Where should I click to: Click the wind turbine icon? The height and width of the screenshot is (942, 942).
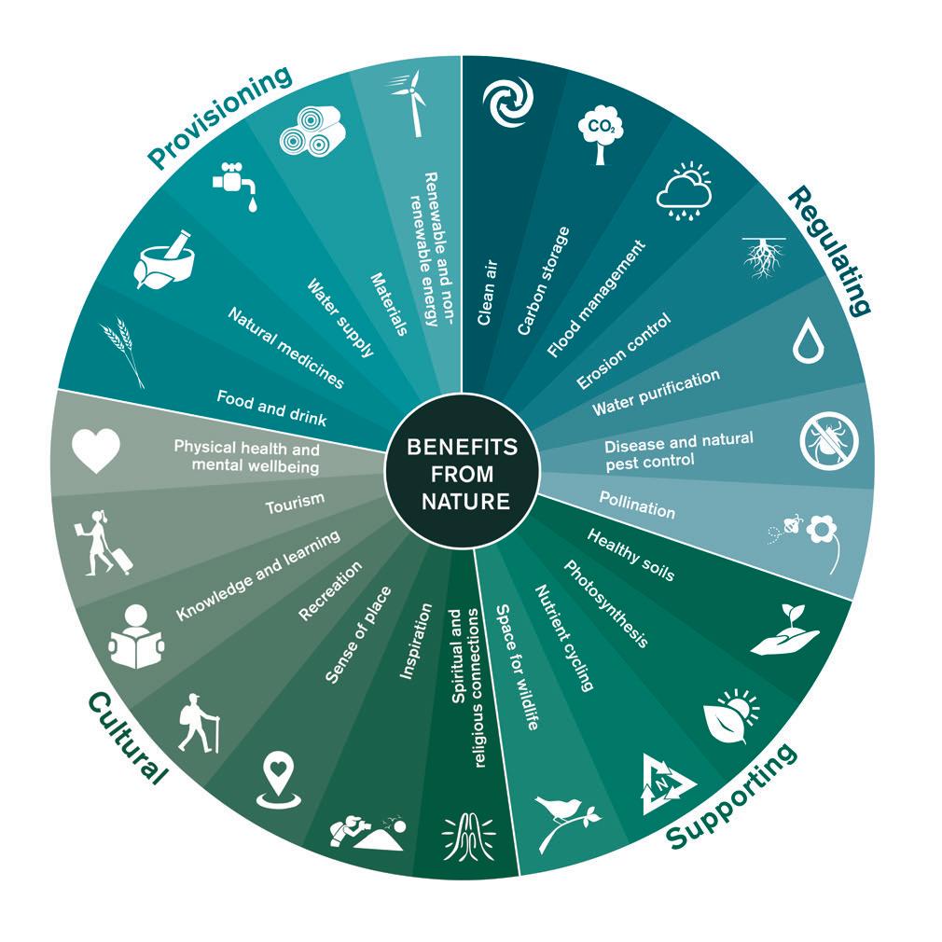click(408, 102)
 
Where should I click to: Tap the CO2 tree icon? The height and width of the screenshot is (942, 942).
click(599, 136)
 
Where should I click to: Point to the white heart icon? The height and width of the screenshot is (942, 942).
click(97, 450)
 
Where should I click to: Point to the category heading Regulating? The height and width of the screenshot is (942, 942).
click(829, 250)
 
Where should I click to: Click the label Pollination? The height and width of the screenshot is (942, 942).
click(636, 506)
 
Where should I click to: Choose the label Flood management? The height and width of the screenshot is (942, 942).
click(596, 298)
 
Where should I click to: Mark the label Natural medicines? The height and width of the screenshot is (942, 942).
click(285, 347)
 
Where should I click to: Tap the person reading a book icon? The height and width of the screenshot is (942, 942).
click(136, 636)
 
